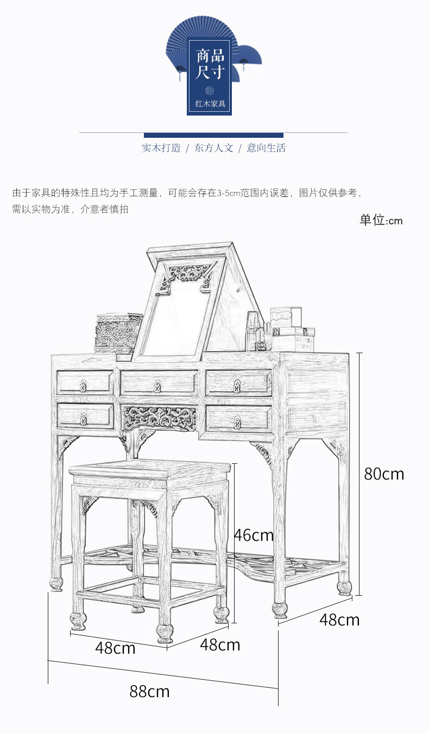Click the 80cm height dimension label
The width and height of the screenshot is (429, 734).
[384, 474]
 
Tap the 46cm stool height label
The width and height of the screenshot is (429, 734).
[254, 535]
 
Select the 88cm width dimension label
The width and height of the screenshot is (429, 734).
[149, 692]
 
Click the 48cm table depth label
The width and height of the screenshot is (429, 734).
[339, 620]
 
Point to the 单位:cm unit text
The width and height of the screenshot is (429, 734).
[381, 220]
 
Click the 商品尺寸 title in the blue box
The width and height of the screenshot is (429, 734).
[210, 63]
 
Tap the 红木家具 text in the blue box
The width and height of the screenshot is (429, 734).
[210, 103]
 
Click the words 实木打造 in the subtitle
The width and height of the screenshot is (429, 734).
[161, 148]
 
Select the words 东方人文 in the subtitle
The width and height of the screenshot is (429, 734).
[213, 148]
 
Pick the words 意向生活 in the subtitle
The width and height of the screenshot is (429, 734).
[266, 148]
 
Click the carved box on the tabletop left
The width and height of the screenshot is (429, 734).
[118, 334]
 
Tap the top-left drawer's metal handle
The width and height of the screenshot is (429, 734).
[84, 386]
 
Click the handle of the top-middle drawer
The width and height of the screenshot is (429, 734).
[157, 386]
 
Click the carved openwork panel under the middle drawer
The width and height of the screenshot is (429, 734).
[159, 418]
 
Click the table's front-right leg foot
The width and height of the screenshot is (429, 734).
[280, 610]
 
